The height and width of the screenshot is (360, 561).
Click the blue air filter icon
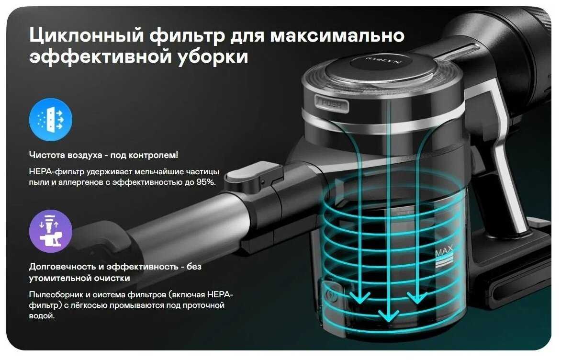pos(50,120)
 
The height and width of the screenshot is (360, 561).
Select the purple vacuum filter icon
pos(50,231)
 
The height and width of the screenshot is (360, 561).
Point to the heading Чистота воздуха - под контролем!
pos(103,155)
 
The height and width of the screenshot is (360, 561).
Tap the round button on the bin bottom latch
pos(331,296)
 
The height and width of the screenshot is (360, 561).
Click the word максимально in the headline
pos(337,35)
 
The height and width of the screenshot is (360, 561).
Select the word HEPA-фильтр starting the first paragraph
pos(56,172)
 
